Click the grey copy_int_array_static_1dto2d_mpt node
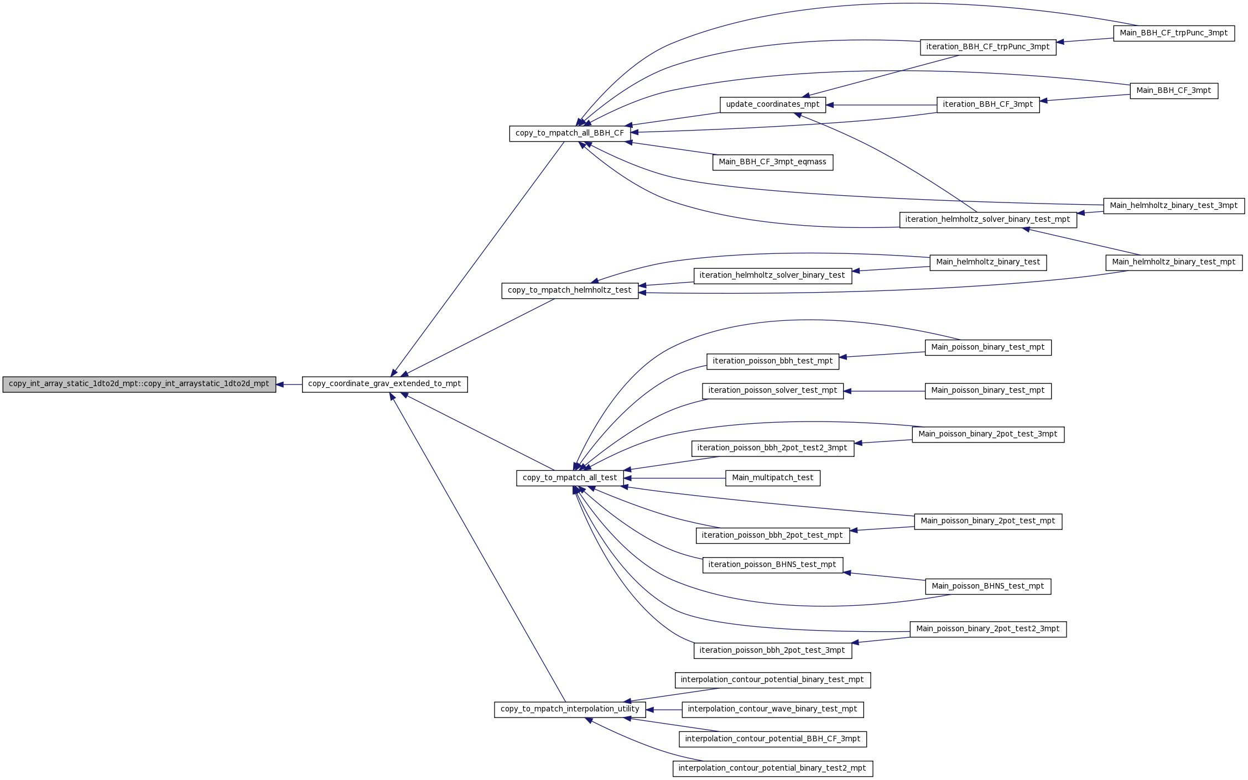[139, 384]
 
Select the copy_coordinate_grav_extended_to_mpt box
[384, 384]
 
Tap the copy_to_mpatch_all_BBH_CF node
[570, 133]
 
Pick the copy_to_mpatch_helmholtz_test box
[570, 290]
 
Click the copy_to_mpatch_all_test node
[570, 478]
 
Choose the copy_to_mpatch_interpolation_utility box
[570, 709]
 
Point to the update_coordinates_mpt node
[773, 105]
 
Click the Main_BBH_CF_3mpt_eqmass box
[773, 162]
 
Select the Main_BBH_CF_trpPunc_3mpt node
[1174, 33]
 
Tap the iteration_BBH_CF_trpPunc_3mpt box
[988, 47]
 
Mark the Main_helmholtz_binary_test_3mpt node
[1174, 206]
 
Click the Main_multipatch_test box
[773, 478]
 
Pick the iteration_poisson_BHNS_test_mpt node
[773, 565]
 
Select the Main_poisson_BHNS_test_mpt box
[988, 586]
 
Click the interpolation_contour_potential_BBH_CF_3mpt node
[773, 739]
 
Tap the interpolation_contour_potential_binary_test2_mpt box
[773, 768]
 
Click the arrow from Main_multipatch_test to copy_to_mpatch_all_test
[675, 478]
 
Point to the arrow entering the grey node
[289, 384]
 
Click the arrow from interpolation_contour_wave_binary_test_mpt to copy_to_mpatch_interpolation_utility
[664, 709]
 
